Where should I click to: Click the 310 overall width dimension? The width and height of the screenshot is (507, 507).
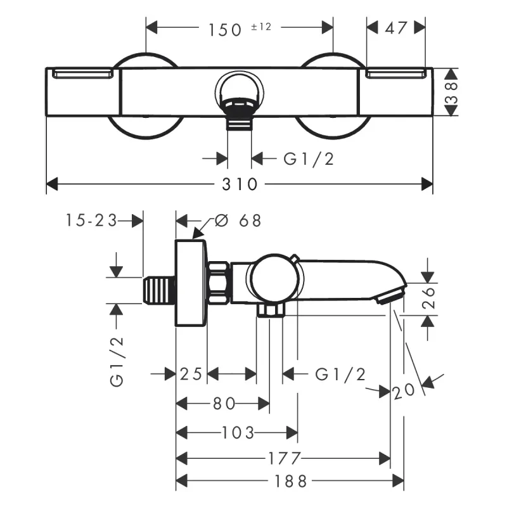[240, 184]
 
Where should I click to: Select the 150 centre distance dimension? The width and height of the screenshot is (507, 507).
[225, 30]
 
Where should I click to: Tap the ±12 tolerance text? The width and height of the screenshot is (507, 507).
[261, 27]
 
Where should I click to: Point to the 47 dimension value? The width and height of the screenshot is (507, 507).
[395, 28]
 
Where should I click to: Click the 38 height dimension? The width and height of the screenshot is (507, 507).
[451, 93]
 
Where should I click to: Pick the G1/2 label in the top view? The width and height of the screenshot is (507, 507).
[309, 159]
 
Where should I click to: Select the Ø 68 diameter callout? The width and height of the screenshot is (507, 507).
[238, 221]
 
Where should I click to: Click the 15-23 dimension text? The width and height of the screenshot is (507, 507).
[91, 221]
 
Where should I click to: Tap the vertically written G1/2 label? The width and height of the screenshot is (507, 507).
[117, 361]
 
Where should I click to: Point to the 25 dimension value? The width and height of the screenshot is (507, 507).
[191, 374]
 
